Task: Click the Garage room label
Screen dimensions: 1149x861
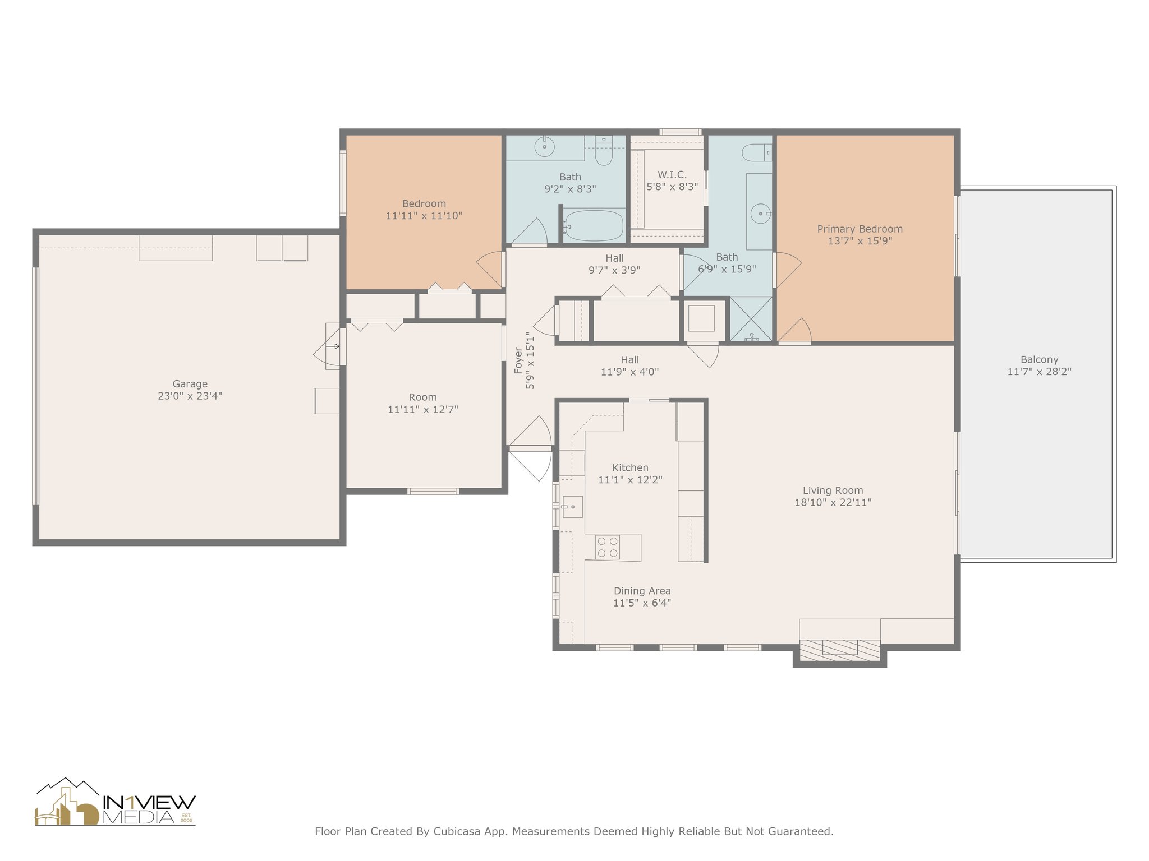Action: click(x=190, y=384)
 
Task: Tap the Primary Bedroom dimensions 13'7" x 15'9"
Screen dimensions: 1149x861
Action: click(x=860, y=241)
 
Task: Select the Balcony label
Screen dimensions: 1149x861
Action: click(x=1040, y=360)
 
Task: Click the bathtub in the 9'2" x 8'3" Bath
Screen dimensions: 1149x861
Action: click(x=593, y=226)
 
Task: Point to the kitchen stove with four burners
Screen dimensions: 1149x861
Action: click(x=608, y=547)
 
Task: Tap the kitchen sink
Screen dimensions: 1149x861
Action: click(x=573, y=507)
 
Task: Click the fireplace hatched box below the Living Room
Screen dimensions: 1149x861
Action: click(x=839, y=650)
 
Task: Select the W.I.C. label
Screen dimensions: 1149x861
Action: click(x=672, y=175)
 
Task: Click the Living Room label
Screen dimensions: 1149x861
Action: click(x=833, y=490)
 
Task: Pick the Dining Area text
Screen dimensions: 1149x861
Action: click(x=642, y=591)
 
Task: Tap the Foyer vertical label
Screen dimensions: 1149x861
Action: click(x=518, y=360)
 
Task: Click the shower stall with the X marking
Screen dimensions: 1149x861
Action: click(x=751, y=319)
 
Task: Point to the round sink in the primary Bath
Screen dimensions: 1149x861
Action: click(x=761, y=214)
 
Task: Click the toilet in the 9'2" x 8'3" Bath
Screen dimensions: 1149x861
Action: click(x=604, y=151)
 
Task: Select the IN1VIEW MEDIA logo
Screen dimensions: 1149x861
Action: click(x=116, y=802)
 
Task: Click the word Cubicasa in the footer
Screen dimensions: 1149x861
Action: click(x=457, y=831)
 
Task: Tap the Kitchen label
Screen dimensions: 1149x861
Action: click(x=630, y=467)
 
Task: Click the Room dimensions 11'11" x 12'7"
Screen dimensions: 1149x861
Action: click(x=423, y=410)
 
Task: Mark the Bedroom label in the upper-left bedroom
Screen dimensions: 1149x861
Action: click(x=424, y=203)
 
